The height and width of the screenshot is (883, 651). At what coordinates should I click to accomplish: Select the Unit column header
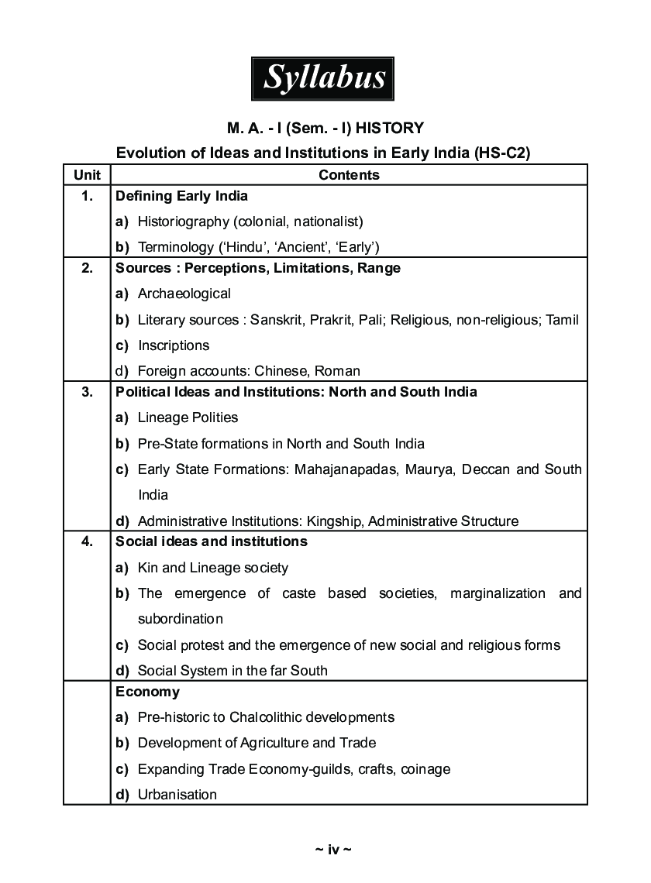tap(87, 175)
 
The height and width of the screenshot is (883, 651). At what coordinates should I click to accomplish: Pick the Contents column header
tap(349, 175)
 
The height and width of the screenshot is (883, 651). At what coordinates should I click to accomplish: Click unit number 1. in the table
tap(87, 196)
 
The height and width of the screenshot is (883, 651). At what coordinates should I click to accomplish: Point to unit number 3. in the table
tap(87, 392)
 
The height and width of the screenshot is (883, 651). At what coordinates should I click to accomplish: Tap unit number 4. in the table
tap(87, 541)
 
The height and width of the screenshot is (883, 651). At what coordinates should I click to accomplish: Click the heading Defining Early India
tap(181, 196)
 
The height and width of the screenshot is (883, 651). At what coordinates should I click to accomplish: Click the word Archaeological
tap(184, 294)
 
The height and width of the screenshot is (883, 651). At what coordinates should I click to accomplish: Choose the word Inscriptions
tap(174, 345)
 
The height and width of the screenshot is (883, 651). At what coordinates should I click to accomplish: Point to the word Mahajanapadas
tap(345, 469)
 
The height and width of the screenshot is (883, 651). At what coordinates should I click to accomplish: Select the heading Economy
tap(147, 692)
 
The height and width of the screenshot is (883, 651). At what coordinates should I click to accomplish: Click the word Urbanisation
tap(177, 795)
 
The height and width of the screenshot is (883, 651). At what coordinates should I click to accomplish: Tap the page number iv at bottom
tap(333, 850)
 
